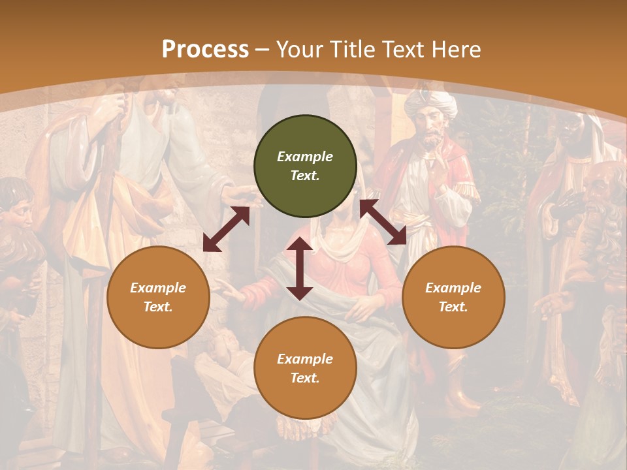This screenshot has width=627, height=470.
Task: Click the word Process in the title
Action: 205,50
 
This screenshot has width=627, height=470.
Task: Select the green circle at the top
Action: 305,166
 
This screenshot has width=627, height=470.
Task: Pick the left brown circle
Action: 158,297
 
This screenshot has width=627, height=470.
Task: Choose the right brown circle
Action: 453,297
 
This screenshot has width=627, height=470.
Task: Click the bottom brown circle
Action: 305,368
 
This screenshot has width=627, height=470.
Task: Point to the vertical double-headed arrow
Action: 300,268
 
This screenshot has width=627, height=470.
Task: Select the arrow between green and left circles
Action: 226,229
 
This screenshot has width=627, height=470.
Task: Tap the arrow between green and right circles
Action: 383,222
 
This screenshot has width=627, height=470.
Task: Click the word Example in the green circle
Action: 305,157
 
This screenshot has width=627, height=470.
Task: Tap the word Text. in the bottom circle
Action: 305,378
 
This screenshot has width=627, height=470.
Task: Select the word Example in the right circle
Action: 453,288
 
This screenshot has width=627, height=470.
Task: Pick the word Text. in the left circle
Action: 158,307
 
